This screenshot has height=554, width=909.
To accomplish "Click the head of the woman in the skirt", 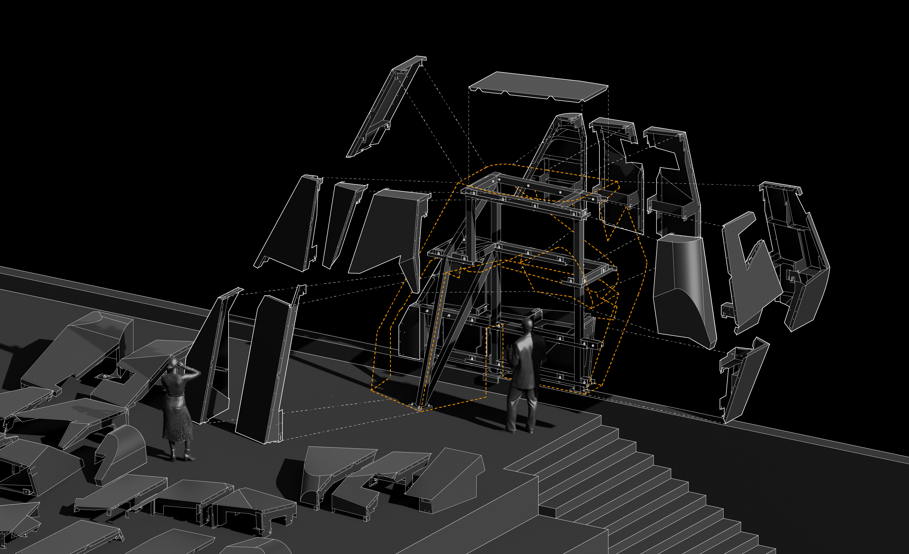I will pos(172,365).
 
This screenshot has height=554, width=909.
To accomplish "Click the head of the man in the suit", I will pos(527,325).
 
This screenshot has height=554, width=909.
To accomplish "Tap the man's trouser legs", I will pos(521,409).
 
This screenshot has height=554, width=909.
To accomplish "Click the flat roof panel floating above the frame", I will pos(539,87).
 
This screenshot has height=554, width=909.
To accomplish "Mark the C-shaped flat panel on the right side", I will pos(749,273).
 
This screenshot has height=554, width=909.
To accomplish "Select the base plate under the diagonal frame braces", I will pos(421,407).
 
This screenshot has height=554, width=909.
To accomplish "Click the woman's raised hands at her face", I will pos(184,367).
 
